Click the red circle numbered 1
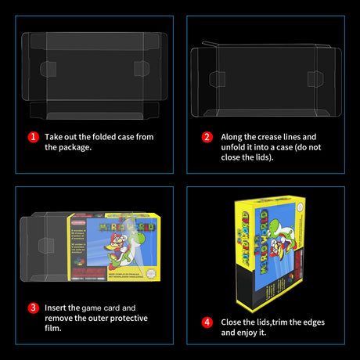(x=34, y=136)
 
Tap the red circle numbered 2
(x=207, y=136)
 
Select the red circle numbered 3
(x=34, y=308)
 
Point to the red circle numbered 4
(x=207, y=322)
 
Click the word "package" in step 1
(x=78, y=147)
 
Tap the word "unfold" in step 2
(x=234, y=147)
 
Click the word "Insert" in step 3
(x=57, y=308)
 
